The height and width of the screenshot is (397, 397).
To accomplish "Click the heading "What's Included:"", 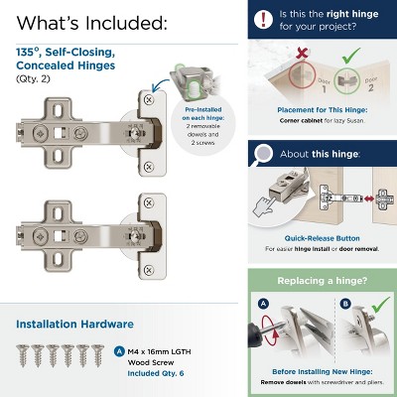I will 91,22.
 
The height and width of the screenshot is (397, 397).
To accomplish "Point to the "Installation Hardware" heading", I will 82,324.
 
